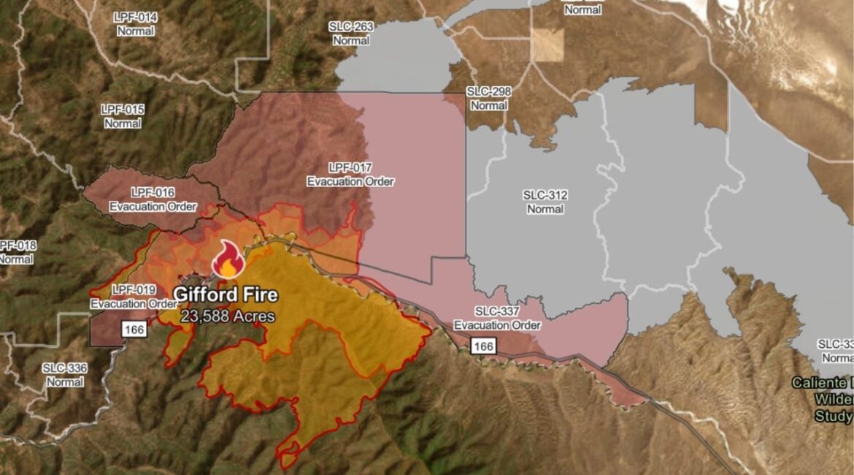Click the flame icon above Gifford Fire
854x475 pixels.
point(228,259)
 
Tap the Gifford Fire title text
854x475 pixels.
point(226,295)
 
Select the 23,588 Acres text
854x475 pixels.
point(228,316)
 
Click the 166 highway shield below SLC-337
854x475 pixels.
point(482,346)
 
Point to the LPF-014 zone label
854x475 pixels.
point(135,16)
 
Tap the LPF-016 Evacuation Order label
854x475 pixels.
point(153,199)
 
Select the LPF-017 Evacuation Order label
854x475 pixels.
point(350,175)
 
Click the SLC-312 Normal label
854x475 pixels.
point(545,202)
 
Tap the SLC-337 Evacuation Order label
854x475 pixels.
point(497,318)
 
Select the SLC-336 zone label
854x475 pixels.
point(65,375)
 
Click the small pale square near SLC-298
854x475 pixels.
point(547,45)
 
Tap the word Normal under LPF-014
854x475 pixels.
point(135,31)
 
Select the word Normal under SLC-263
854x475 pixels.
point(351,41)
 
